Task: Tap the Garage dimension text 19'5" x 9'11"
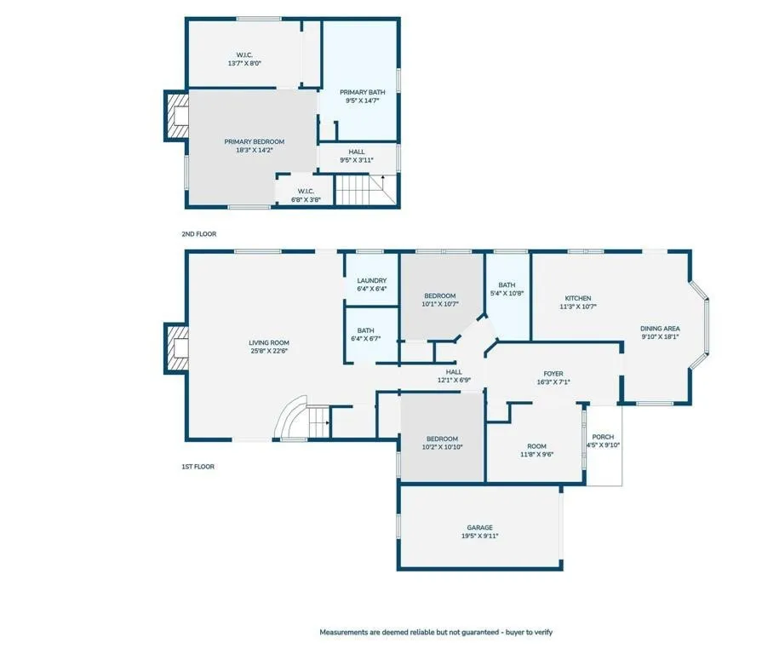480,536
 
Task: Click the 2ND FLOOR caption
198,233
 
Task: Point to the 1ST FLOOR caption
198,467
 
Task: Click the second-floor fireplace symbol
177,116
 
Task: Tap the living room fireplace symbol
177,348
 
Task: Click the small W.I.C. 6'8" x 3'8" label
306,195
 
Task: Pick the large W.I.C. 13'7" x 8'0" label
244,59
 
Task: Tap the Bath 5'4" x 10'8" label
507,289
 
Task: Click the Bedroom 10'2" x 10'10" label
442,443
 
